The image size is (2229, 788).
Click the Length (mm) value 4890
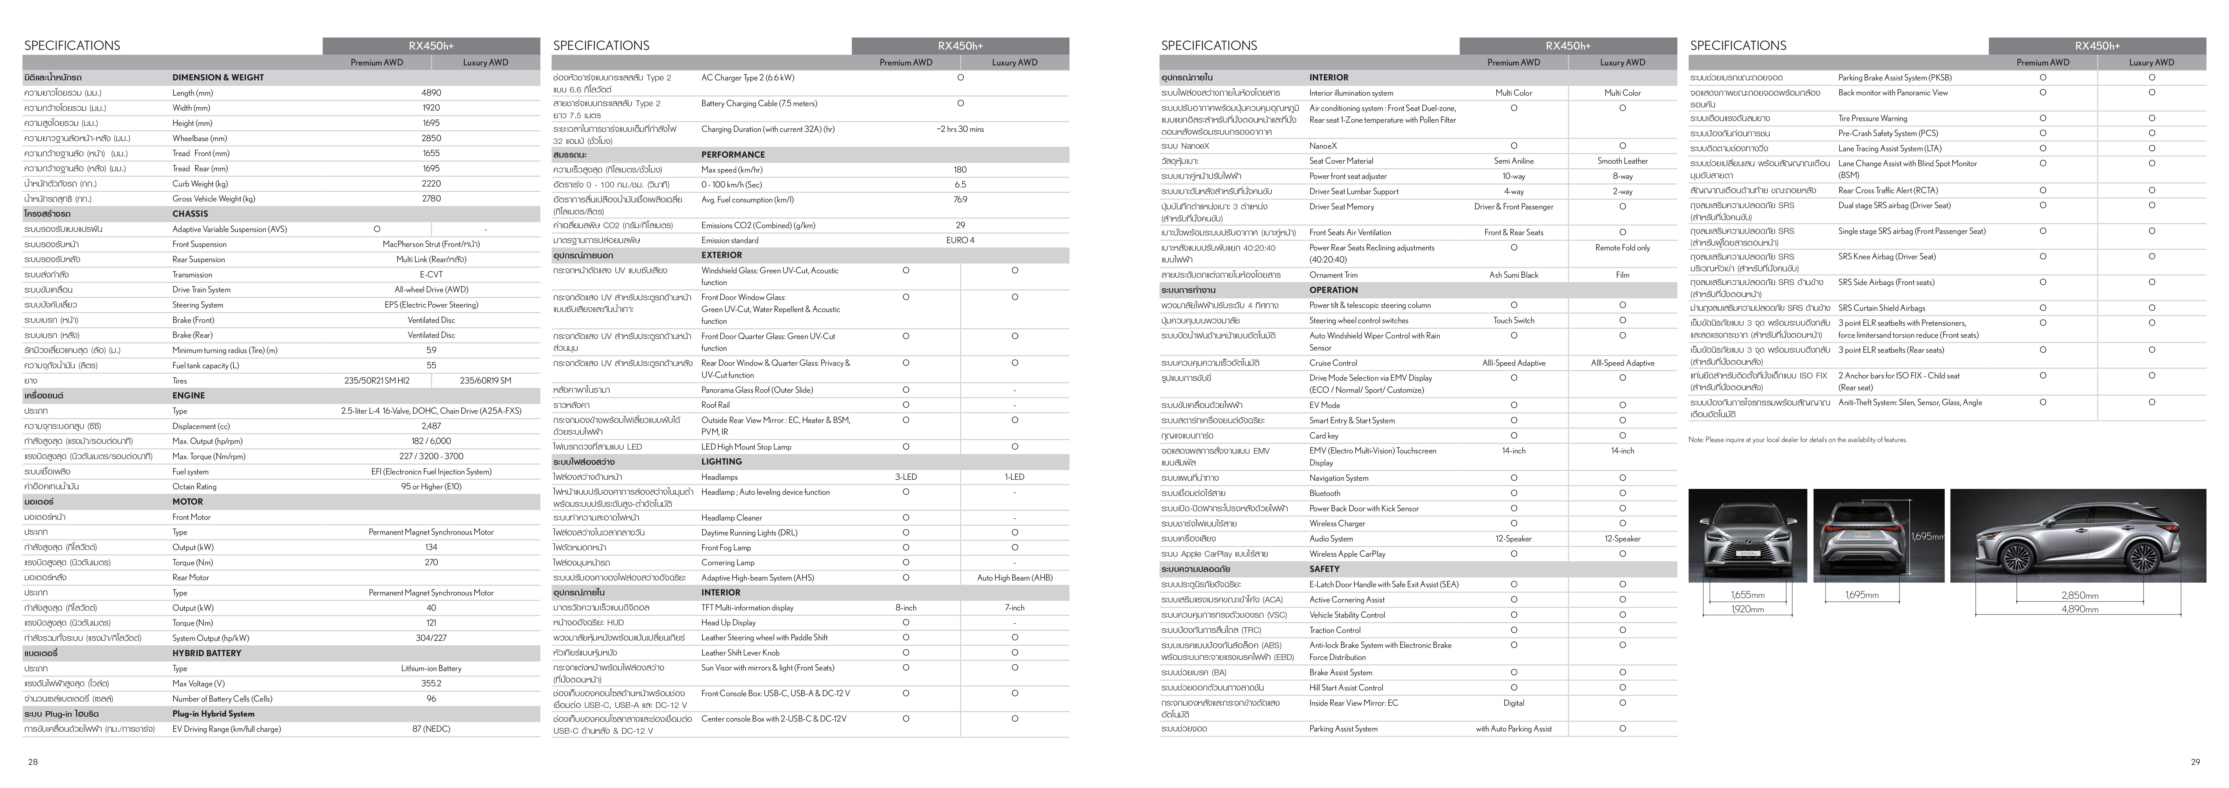(x=431, y=92)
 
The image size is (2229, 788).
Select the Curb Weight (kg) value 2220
(x=431, y=183)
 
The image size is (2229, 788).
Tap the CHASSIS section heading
(x=190, y=214)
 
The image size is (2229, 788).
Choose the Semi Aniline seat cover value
(x=1514, y=161)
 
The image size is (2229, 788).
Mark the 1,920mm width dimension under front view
(x=1747, y=609)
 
